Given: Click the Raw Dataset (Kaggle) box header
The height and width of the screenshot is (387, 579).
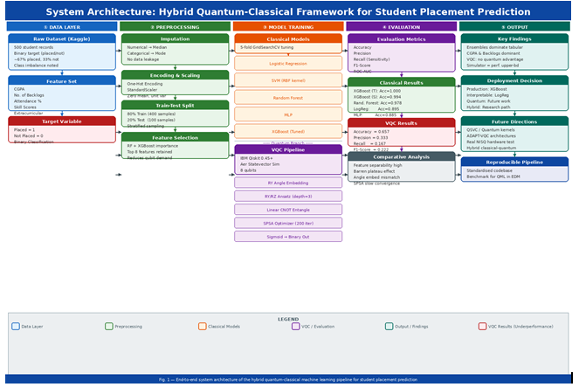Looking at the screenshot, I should pyautogui.click(x=62, y=39).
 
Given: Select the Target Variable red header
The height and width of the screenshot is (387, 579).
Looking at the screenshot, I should pyautogui.click(x=62, y=121).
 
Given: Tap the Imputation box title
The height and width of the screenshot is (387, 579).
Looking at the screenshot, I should pyautogui.click(x=175, y=39).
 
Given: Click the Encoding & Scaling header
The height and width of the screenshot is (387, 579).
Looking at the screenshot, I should pyautogui.click(x=175, y=75).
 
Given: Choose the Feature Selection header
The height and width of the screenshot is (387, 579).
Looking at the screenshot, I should pyautogui.click(x=175, y=137).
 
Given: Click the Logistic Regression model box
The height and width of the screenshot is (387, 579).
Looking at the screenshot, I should pyautogui.click(x=288, y=64).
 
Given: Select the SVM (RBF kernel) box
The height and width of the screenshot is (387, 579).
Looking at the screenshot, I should pyautogui.click(x=288, y=80).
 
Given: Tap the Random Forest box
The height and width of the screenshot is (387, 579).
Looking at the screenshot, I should pyautogui.click(x=288, y=98).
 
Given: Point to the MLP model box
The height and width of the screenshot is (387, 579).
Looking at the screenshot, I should pyautogui.click(x=288, y=114).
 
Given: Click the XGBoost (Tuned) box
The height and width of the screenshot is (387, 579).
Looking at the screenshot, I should pyautogui.click(x=288, y=131).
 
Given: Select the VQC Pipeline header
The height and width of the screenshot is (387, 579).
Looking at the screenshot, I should pyautogui.click(x=288, y=149).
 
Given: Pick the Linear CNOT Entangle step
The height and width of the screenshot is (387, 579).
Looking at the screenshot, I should pyautogui.click(x=288, y=210).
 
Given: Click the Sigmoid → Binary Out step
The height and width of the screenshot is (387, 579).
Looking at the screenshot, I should pyautogui.click(x=288, y=236).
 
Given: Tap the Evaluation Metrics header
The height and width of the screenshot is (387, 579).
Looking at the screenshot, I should pyautogui.click(x=401, y=39).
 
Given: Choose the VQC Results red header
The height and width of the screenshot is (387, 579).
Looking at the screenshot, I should pyautogui.click(x=401, y=123).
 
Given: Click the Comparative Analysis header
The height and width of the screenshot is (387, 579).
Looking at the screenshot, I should pyautogui.click(x=401, y=156).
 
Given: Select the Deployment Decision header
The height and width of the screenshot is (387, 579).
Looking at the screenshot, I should pyautogui.click(x=514, y=80).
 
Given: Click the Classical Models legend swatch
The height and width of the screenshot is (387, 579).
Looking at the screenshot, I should pyautogui.click(x=202, y=327).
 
